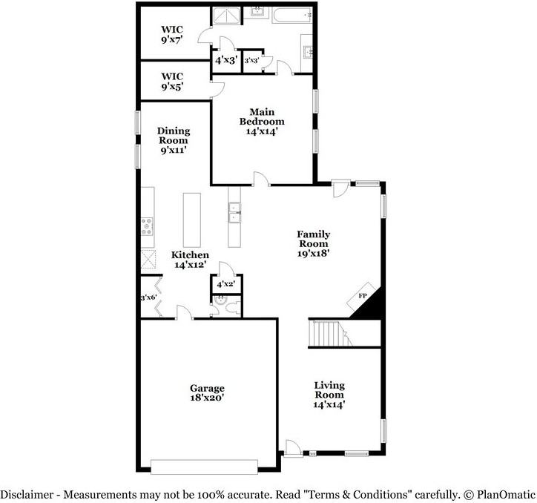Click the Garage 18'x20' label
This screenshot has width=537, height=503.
(207, 393)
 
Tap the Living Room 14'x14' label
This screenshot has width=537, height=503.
(330, 395)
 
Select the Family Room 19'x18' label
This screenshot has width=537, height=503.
(314, 243)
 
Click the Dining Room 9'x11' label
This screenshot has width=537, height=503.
(173, 140)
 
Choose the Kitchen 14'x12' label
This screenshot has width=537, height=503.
(190, 260)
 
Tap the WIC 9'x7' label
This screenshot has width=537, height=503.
(172, 35)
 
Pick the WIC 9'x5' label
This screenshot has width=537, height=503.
(172, 81)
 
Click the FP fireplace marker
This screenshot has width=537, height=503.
(363, 297)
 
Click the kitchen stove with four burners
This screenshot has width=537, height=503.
(148, 226)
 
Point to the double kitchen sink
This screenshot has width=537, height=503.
(234, 212)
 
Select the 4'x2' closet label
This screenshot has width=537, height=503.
(225, 284)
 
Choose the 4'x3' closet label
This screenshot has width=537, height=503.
(225, 60)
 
